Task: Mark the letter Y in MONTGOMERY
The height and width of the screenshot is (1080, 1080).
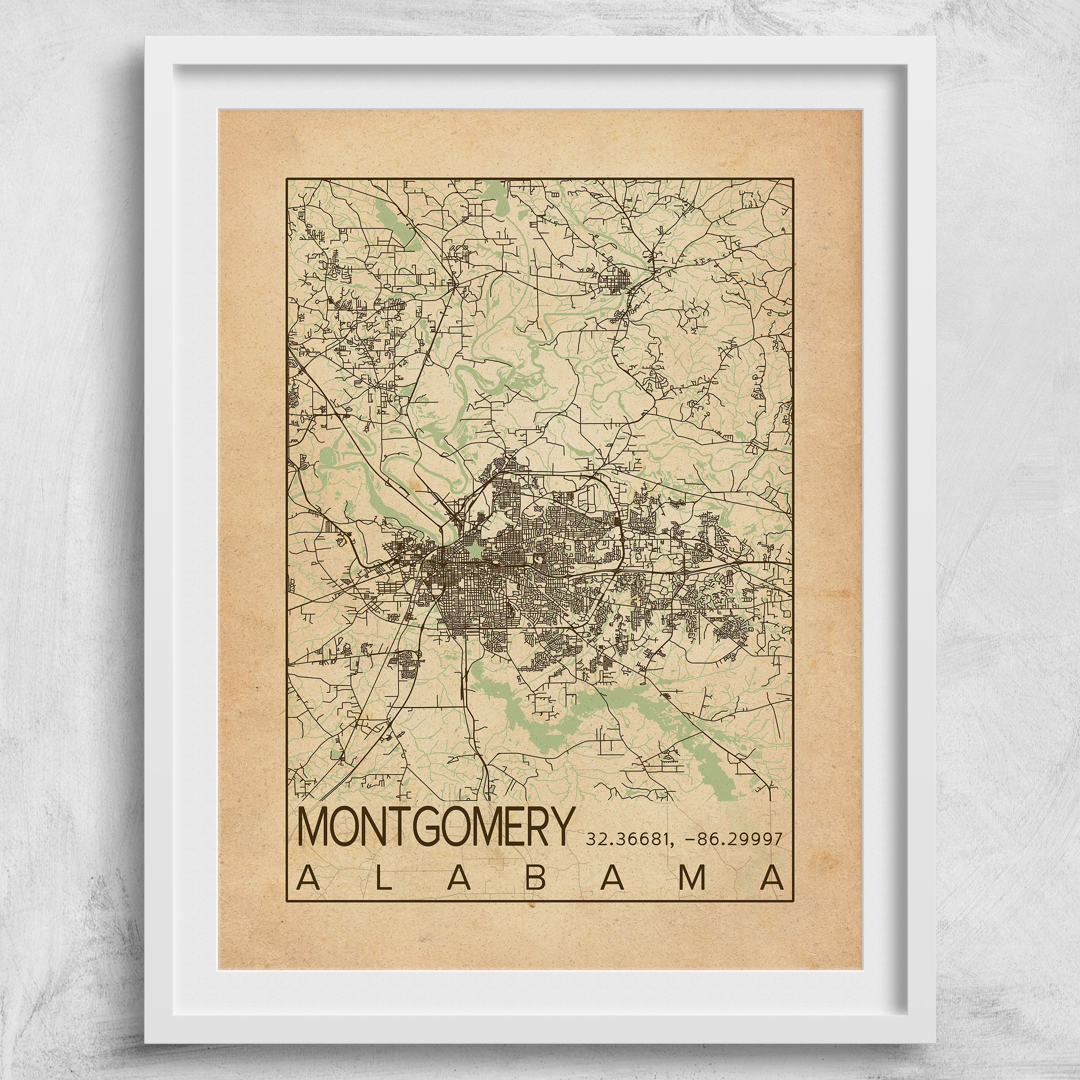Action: point(561,827)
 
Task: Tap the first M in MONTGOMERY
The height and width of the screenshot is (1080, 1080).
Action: point(315,827)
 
